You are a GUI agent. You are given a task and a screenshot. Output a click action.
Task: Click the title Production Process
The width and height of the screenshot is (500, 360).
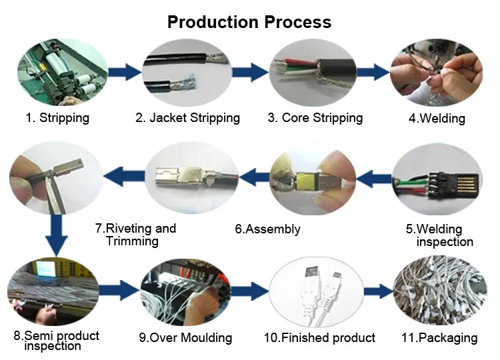249,22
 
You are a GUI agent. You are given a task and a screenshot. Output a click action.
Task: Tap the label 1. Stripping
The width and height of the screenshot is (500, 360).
57,117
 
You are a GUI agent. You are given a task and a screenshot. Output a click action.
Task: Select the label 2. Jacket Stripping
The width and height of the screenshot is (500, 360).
187,117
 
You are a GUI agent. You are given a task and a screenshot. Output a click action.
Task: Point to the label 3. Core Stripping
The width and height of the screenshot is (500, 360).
315,117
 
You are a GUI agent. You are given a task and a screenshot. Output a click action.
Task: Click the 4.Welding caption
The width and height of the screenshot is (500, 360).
437,118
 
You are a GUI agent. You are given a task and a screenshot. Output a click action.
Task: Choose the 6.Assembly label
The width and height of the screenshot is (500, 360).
267,229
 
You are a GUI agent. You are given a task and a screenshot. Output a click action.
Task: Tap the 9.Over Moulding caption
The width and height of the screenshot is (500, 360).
185,338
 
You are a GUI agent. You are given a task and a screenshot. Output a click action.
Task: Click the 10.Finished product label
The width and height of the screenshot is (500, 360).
319,338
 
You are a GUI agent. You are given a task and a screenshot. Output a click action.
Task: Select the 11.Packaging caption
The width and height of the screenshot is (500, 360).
439,338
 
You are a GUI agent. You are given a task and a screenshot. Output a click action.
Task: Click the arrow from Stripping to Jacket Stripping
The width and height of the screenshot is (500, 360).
125,72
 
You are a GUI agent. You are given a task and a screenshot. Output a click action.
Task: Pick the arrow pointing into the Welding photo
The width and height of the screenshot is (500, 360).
373,72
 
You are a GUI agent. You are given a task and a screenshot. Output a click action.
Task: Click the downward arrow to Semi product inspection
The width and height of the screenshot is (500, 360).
57,235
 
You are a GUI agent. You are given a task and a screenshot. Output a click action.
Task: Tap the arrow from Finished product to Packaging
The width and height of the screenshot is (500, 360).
379,291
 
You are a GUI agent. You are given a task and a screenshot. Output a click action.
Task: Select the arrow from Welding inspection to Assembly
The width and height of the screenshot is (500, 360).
374,179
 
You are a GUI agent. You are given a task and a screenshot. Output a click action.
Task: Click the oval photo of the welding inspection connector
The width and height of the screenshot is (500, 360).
437,179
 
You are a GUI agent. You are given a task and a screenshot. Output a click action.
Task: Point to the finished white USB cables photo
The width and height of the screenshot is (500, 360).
316,292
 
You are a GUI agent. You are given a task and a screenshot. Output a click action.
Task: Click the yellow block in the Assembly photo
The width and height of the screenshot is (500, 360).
305,182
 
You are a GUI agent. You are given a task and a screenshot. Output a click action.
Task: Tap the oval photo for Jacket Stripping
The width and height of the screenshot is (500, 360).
187,73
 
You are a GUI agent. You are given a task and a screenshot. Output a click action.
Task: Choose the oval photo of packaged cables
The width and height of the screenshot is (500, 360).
440,291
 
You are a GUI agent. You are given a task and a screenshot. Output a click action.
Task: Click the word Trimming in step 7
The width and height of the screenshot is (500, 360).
132,241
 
